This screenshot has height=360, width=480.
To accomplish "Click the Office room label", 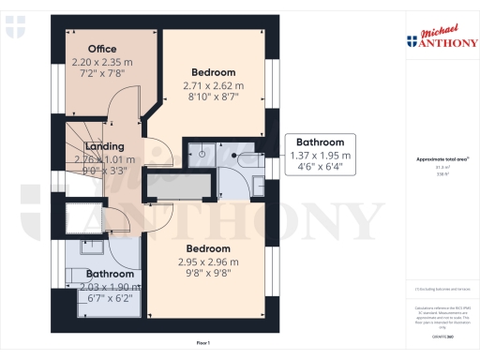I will tap(102, 49).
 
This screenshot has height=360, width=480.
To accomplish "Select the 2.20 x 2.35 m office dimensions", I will tap(103, 61).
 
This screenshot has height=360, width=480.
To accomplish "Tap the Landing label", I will tap(104, 147).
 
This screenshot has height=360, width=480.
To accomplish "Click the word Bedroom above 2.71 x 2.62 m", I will tap(214, 71).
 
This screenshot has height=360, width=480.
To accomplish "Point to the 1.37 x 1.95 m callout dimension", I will tap(321, 156).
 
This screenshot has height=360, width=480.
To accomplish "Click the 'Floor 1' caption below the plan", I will tap(202, 344).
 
